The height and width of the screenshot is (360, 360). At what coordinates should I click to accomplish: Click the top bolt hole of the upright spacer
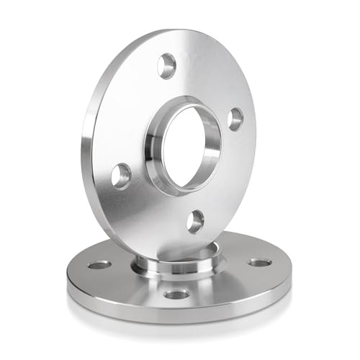coord(167,66)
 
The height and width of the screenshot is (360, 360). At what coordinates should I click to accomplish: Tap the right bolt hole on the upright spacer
coord(235,119)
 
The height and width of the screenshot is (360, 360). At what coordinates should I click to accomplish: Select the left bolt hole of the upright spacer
coord(122,175)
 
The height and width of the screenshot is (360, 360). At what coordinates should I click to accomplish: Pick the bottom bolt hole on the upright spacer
coord(195,221)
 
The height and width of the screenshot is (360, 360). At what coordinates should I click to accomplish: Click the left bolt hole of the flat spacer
coord(99,265)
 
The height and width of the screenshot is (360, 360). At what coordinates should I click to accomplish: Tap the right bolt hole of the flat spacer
coord(260,262)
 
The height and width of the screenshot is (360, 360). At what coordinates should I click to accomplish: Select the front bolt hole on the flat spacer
coord(176,294)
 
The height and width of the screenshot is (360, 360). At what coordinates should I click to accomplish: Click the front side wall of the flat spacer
coord(176,311)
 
